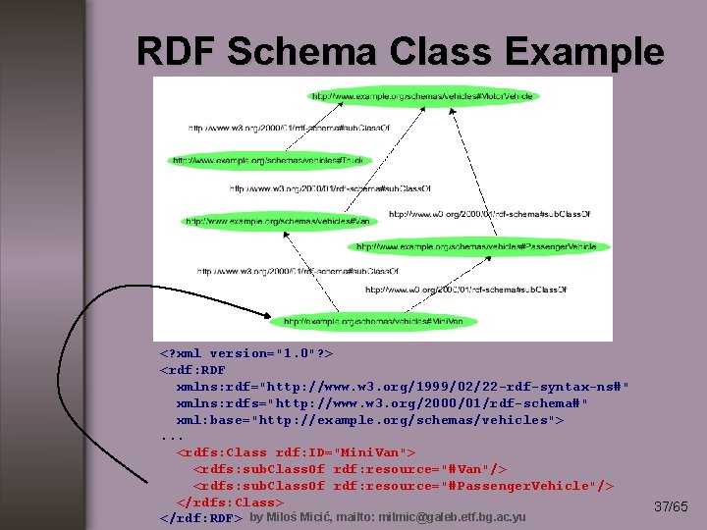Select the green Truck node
coord(268,160)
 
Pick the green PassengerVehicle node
coord(476,247)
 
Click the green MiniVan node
coord(379,321)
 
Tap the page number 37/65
coord(671,506)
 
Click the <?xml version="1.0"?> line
coord(246,352)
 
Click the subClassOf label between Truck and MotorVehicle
coord(260,128)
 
